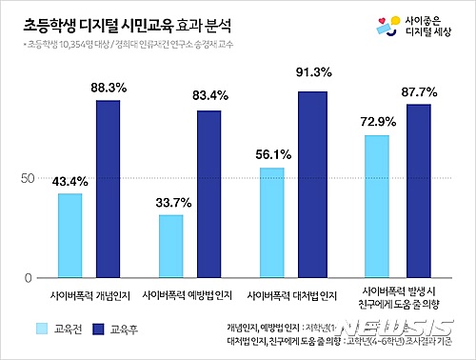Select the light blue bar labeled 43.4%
[69, 235]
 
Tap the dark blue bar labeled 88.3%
[108, 189]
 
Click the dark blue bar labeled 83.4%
[208, 194]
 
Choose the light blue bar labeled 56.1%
[271, 223]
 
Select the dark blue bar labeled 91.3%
[310, 185]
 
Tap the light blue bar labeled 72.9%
[375, 206]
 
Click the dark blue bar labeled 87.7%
[418, 190]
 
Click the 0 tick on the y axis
[30, 278]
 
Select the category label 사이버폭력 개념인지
[88, 294]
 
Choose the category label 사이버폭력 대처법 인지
[291, 294]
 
